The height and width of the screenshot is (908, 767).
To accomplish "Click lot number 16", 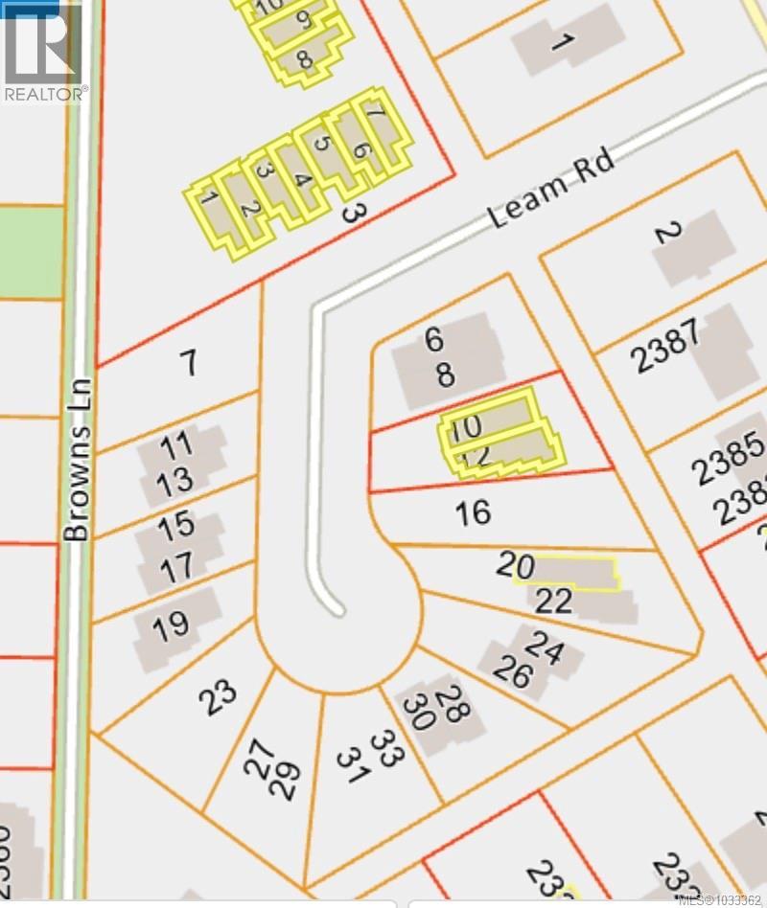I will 473,512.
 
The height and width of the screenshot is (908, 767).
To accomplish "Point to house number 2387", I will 665,349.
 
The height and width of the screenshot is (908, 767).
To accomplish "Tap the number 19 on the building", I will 171,627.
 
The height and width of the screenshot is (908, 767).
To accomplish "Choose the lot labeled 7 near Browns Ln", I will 189,363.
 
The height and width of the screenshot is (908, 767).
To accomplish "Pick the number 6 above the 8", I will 434,339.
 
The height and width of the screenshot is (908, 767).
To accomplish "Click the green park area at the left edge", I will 29,251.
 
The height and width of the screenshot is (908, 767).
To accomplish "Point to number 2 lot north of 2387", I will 668,233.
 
